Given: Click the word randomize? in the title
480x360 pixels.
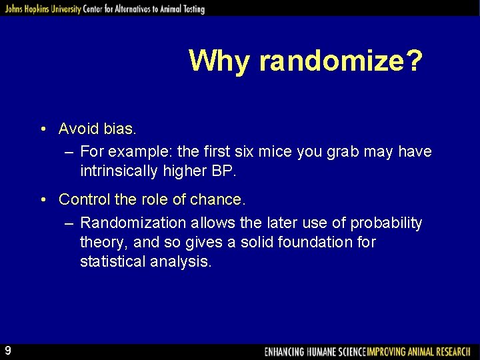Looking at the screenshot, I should (x=341, y=61).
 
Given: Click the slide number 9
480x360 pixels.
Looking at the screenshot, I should (x=7, y=350).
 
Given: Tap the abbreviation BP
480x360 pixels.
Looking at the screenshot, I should (x=223, y=171).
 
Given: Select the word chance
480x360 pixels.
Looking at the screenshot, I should (x=223, y=199).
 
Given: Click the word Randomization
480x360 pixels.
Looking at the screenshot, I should (x=133, y=223).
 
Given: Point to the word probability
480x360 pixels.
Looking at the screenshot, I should (x=387, y=223).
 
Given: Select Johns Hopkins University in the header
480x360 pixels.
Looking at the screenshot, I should (x=41, y=9).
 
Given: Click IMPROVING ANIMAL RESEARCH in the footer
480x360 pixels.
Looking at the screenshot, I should (x=419, y=351).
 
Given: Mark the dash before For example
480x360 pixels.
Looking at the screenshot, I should (x=69, y=152).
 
